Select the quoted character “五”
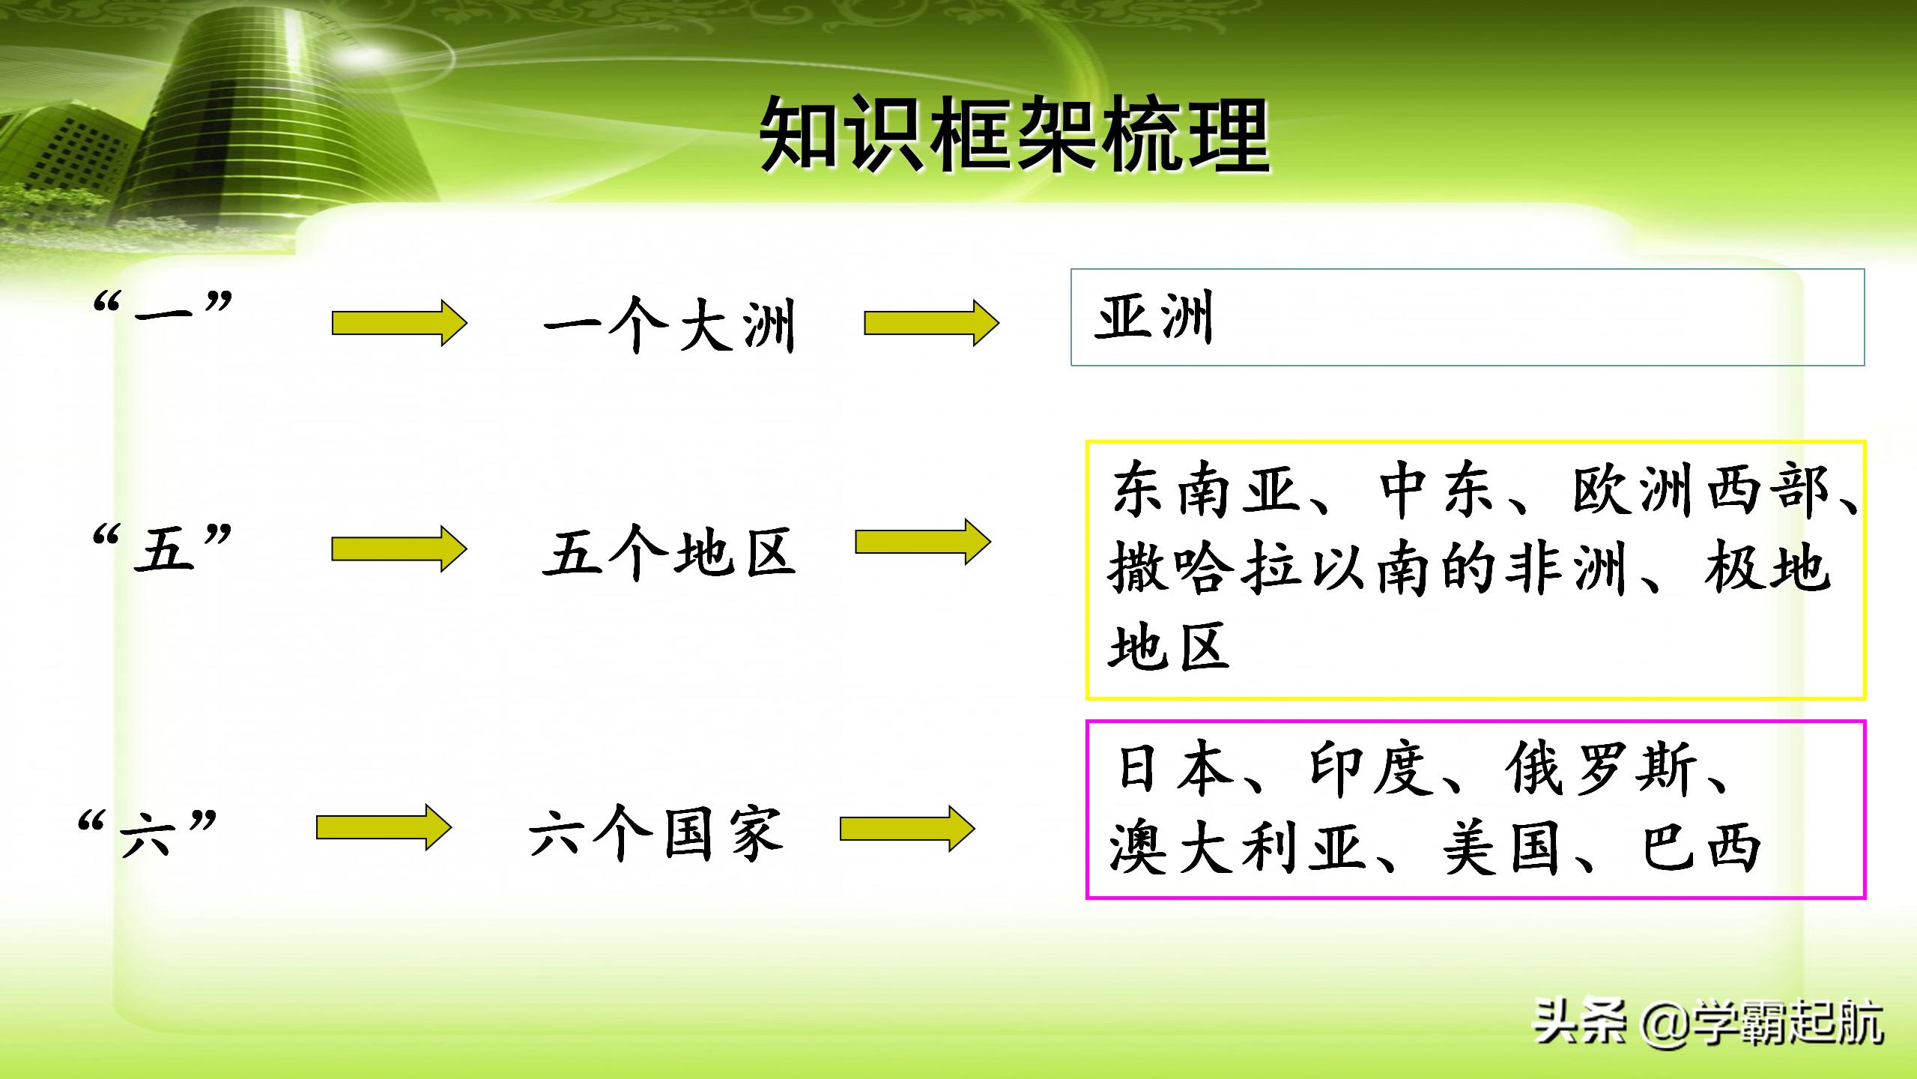point(163,548)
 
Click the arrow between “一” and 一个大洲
point(399,324)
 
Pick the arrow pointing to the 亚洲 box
point(931,324)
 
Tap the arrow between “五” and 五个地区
point(399,548)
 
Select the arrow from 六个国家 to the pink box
point(906,828)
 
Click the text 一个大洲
point(669,326)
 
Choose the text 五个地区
point(669,553)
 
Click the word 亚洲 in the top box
point(1154,318)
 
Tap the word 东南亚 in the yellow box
point(1206,492)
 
